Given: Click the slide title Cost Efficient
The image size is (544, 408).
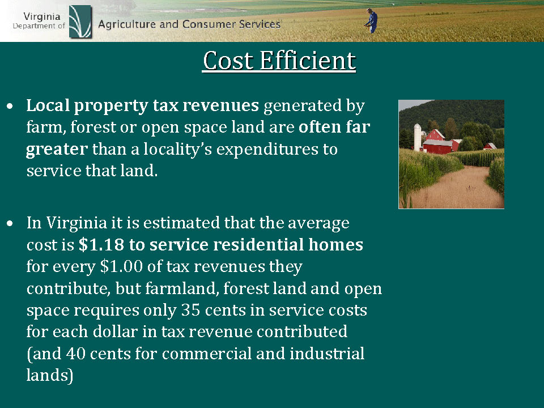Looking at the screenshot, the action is coord(279,61).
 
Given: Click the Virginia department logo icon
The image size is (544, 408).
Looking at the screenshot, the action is coord(80,22).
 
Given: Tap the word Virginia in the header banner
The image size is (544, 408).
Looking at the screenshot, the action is coord(42,16).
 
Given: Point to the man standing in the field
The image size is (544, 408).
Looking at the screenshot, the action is coord(371,21).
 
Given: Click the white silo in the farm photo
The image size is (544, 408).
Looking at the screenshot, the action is coord(418,137).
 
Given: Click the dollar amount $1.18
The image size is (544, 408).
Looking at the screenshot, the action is coord(101,245).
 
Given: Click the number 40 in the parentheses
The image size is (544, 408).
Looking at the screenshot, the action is coord(75,354).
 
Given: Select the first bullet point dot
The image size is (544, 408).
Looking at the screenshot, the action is coord(10,106).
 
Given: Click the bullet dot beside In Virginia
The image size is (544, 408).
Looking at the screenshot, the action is coord(10,223).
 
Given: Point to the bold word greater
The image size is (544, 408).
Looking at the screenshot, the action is coord(57,150).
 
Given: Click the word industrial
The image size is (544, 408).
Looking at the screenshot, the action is coord(327,353).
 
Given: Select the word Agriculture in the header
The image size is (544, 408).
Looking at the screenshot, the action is coord(126,24).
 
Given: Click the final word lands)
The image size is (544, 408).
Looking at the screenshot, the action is coord(50,375).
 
